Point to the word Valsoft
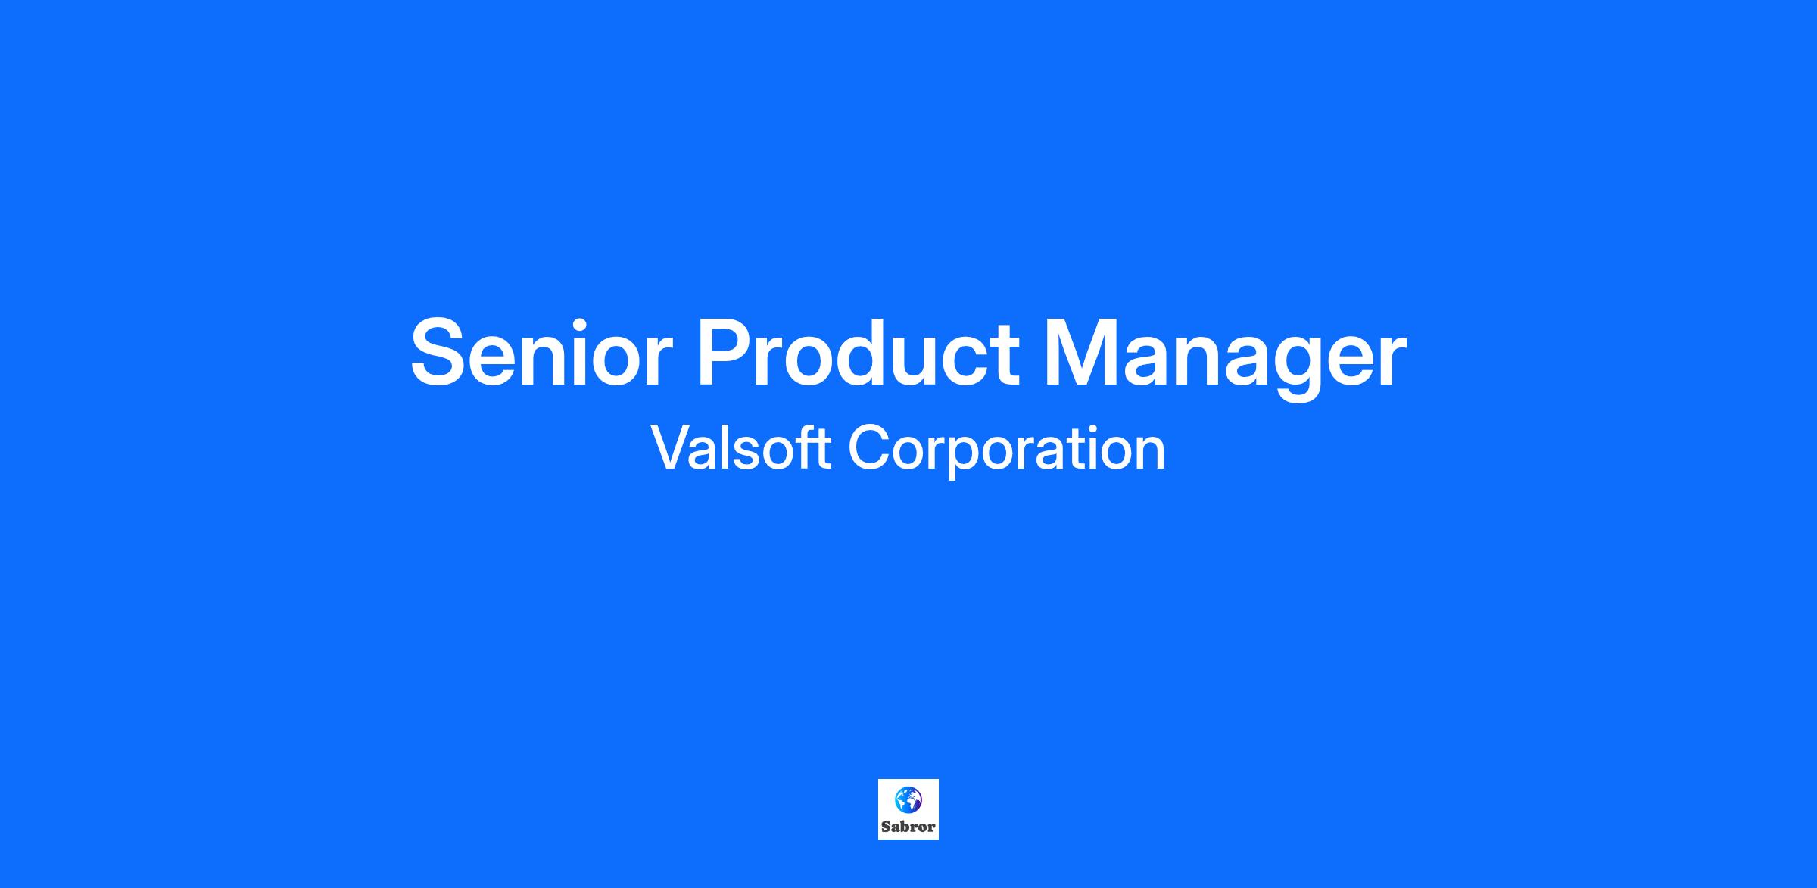741,447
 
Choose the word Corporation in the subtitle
1007,450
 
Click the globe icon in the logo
908,799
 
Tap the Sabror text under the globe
908,827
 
